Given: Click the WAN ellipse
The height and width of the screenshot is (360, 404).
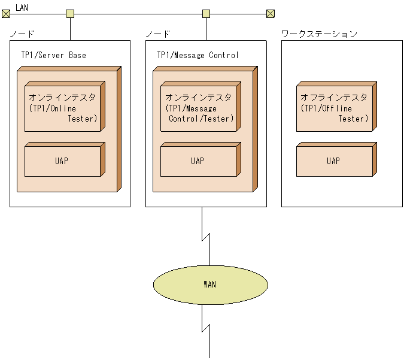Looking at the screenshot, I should pyautogui.click(x=209, y=284).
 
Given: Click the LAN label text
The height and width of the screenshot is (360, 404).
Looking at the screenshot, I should pyautogui.click(x=22, y=7).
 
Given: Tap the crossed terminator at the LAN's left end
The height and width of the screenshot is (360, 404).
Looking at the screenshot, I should pyautogui.click(x=5, y=13).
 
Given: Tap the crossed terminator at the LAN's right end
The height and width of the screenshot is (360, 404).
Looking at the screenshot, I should pyautogui.click(x=270, y=13).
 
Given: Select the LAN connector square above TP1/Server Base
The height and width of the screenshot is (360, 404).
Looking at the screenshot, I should pyautogui.click(x=70, y=13).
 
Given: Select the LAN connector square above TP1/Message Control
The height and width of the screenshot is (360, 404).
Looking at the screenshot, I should pyautogui.click(x=206, y=13).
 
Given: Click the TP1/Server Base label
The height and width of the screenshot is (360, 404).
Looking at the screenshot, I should pyautogui.click(x=53, y=55).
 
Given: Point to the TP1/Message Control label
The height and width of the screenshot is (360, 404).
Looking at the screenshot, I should pyautogui.click(x=198, y=55).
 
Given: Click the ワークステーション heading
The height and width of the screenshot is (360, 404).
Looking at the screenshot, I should pyautogui.click(x=319, y=34).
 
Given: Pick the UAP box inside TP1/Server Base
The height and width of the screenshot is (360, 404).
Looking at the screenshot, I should pyautogui.click(x=63, y=161).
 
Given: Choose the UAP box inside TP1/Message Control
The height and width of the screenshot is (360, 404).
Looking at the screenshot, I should pyautogui.click(x=198, y=161).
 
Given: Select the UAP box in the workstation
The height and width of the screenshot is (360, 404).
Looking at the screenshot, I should pyautogui.click(x=333, y=161).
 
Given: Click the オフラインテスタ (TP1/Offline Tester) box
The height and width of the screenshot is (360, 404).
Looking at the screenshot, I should pyautogui.click(x=333, y=108).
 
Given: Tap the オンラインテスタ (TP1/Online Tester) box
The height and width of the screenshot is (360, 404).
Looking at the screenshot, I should pyautogui.click(x=63, y=108).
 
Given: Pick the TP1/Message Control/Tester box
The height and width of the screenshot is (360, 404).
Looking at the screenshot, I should pyautogui.click(x=198, y=108).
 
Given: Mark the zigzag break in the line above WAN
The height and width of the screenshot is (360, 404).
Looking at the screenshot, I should pyautogui.click(x=206, y=237).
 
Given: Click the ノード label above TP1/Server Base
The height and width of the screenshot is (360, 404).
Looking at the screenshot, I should pyautogui.click(x=22, y=34).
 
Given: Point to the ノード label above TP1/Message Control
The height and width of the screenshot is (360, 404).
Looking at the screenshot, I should pyautogui.click(x=158, y=34).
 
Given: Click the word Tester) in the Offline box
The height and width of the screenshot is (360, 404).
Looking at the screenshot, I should pyautogui.click(x=353, y=119).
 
